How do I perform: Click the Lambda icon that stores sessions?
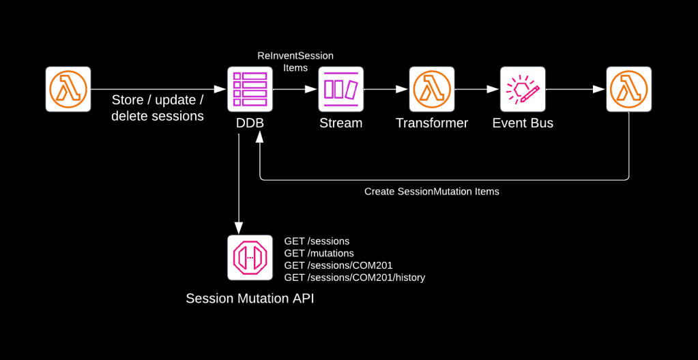coord(68,89)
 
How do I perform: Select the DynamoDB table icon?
coord(250,89)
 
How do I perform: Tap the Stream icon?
coord(340,89)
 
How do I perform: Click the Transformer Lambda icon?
coord(432,89)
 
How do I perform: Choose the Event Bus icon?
coord(523,89)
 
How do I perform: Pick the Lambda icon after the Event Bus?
coord(629,89)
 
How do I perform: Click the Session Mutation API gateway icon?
coord(250,257)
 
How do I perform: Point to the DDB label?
coord(250,123)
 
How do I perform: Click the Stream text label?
coord(340,123)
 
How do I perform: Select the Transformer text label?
coord(432,123)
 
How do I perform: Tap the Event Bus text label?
coord(523,123)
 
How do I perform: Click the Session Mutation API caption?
coord(250,298)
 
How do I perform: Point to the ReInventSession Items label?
coord(295,61)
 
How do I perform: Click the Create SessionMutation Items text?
coord(431,192)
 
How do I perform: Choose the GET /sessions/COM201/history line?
coord(354,277)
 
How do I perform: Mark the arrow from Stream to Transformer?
coord(386,89)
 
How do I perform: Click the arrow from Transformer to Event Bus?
coord(477,89)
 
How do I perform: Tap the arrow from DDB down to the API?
coord(239,184)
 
